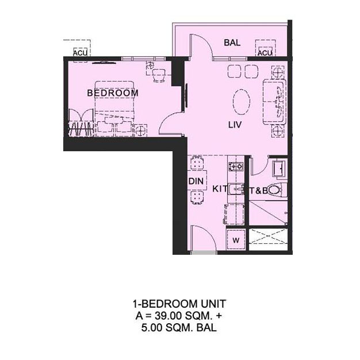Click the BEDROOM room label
113,93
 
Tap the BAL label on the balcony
232,43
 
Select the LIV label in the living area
235,125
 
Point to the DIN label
196,181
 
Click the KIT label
220,189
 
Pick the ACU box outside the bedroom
80,52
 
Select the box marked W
236,239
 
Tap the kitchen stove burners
236,166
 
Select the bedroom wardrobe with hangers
81,122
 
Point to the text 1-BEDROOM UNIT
179,304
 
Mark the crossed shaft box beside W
268,239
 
